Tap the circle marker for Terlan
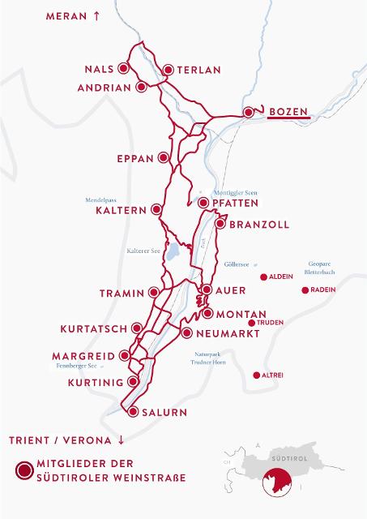169,71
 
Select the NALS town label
100,70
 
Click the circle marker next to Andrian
142,86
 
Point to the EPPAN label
135,158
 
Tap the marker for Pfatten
202,203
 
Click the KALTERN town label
120,209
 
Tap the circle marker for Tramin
152,292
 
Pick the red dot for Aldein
262,277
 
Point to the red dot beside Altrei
257,375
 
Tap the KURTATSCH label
94,329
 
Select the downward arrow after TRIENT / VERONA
122,440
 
